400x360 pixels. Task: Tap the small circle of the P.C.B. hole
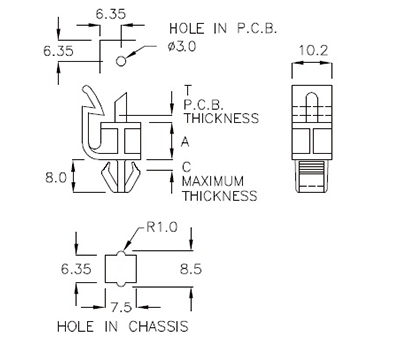coord(121,62)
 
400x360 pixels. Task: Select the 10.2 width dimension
coord(312,50)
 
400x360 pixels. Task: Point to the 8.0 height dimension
coord(57,178)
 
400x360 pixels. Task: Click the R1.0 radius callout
coord(160,227)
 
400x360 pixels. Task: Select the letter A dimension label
coord(186,141)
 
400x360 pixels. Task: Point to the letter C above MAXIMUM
coord(186,166)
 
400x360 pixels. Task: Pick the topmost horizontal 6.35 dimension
coord(110,13)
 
